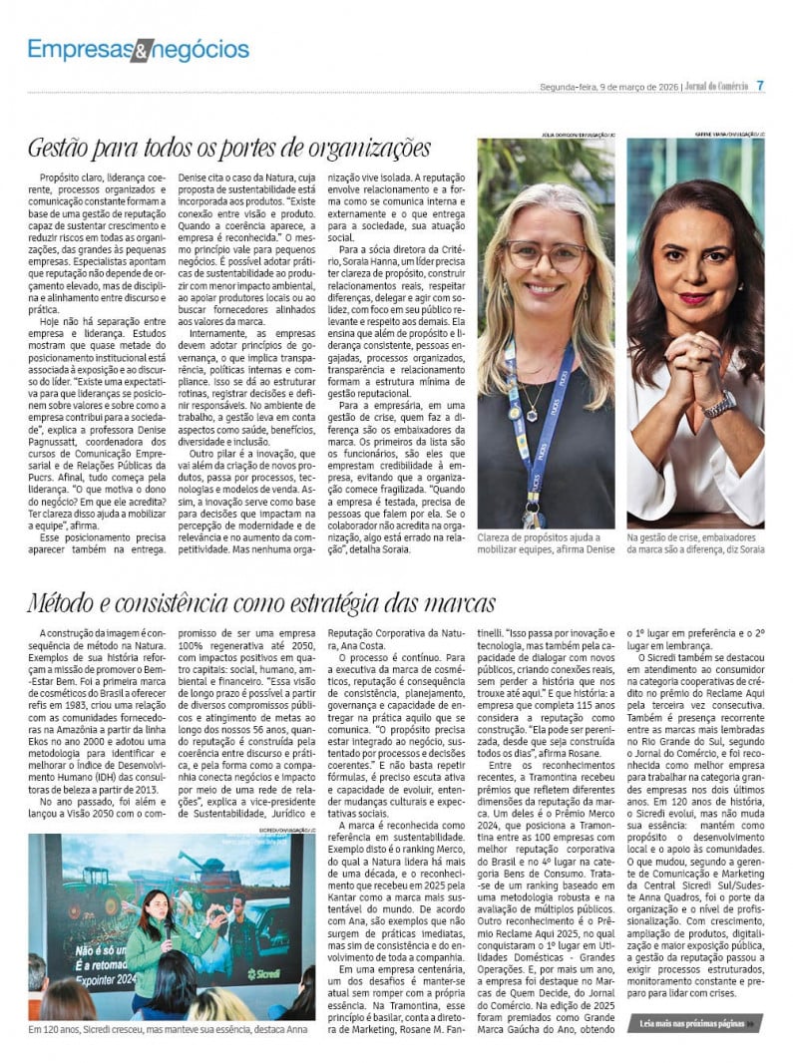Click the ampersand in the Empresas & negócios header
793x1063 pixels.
click(144, 49)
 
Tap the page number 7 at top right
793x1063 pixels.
click(760, 86)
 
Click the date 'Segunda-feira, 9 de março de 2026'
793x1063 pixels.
click(608, 87)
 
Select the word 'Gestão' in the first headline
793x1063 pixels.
click(61, 149)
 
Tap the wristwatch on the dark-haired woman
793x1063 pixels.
click(721, 404)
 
